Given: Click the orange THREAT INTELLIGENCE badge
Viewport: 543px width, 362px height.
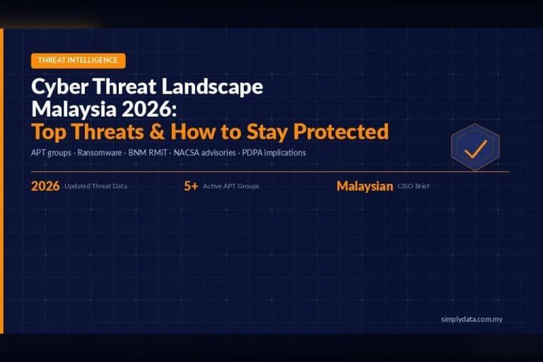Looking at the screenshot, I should point(78,61).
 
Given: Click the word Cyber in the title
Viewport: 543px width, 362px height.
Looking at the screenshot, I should point(57,87).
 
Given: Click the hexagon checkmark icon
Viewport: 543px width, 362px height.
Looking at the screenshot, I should point(475,148).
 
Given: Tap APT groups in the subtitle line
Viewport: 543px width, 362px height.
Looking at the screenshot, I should point(52,152).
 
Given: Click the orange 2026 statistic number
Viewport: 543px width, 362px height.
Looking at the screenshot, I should point(45,187).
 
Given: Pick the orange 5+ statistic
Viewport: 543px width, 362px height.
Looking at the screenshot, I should point(190,187).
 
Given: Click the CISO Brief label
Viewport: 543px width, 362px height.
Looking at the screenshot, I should point(413,187).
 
